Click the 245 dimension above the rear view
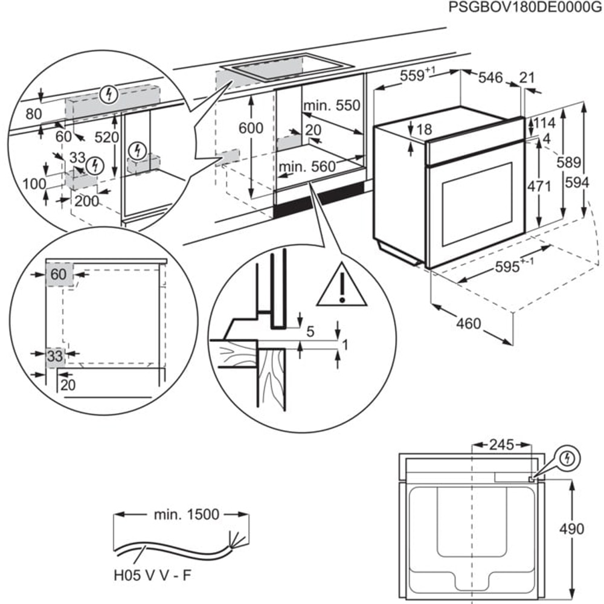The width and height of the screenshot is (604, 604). pos(501,445)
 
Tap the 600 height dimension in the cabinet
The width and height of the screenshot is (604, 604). pos(251,128)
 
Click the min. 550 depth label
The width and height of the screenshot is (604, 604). pos(332,106)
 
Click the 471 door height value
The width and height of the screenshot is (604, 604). pos(539,187)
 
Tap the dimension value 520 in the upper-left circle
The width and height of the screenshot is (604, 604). pos(107,137)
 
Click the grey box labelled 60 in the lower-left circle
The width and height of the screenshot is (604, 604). pos(60,275)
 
